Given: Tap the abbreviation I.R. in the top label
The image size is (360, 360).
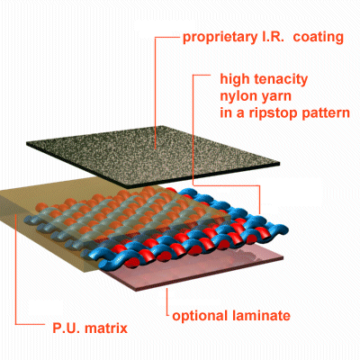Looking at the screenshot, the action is coord(271,37).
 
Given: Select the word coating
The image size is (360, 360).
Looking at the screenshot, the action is coord(319,38).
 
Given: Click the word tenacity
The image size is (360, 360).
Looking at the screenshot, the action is coord(281,80).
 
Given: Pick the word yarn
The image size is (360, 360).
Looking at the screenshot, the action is coord(276,97).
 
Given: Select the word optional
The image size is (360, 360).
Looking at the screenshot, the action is coord(200,316).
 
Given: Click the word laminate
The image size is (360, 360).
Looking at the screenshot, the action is coord(261,316).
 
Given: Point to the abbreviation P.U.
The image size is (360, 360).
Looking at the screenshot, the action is coord(67,328).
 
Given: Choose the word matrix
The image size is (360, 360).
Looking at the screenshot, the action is coord(106,328).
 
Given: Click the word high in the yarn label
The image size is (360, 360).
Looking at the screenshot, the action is coord(235,80).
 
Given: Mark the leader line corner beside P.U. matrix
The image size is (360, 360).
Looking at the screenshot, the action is coord(15,324).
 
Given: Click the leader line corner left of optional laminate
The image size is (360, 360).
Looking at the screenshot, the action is coord(167,315).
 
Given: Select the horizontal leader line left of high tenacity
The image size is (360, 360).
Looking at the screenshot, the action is coord(202,75).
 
